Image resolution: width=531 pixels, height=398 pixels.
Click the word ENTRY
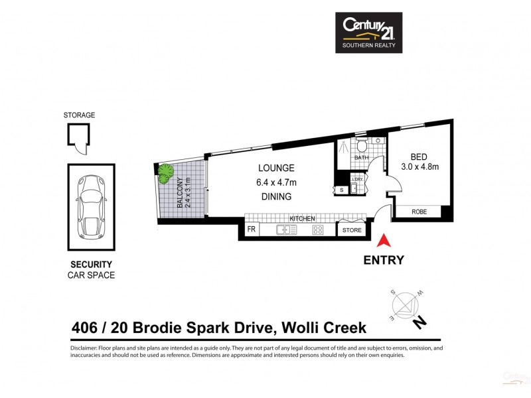(383, 260)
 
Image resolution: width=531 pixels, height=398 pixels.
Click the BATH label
(361, 158)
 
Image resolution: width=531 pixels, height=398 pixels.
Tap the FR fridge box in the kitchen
(252, 230)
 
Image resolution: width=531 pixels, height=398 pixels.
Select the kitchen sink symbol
(286, 230)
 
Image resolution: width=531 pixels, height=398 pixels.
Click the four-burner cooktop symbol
(317, 230)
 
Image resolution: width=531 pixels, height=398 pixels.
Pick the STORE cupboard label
(351, 231)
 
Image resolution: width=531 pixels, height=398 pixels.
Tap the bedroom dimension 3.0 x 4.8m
(419, 166)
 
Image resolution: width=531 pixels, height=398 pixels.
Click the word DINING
(277, 196)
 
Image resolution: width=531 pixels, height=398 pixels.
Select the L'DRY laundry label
(358, 180)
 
